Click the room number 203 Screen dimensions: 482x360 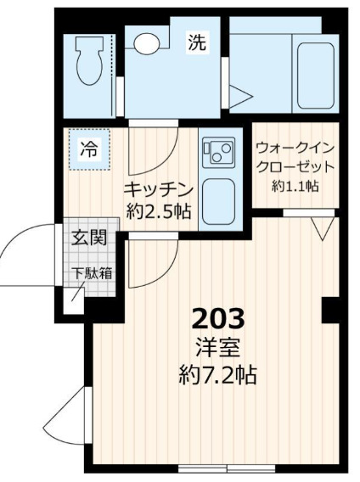point(219,319)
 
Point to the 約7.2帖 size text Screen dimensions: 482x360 point(219,374)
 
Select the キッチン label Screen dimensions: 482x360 point(160,188)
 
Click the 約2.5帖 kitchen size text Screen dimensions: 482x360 point(160,211)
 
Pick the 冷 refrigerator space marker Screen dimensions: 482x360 point(87,151)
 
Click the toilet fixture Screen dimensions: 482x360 point(87,62)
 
